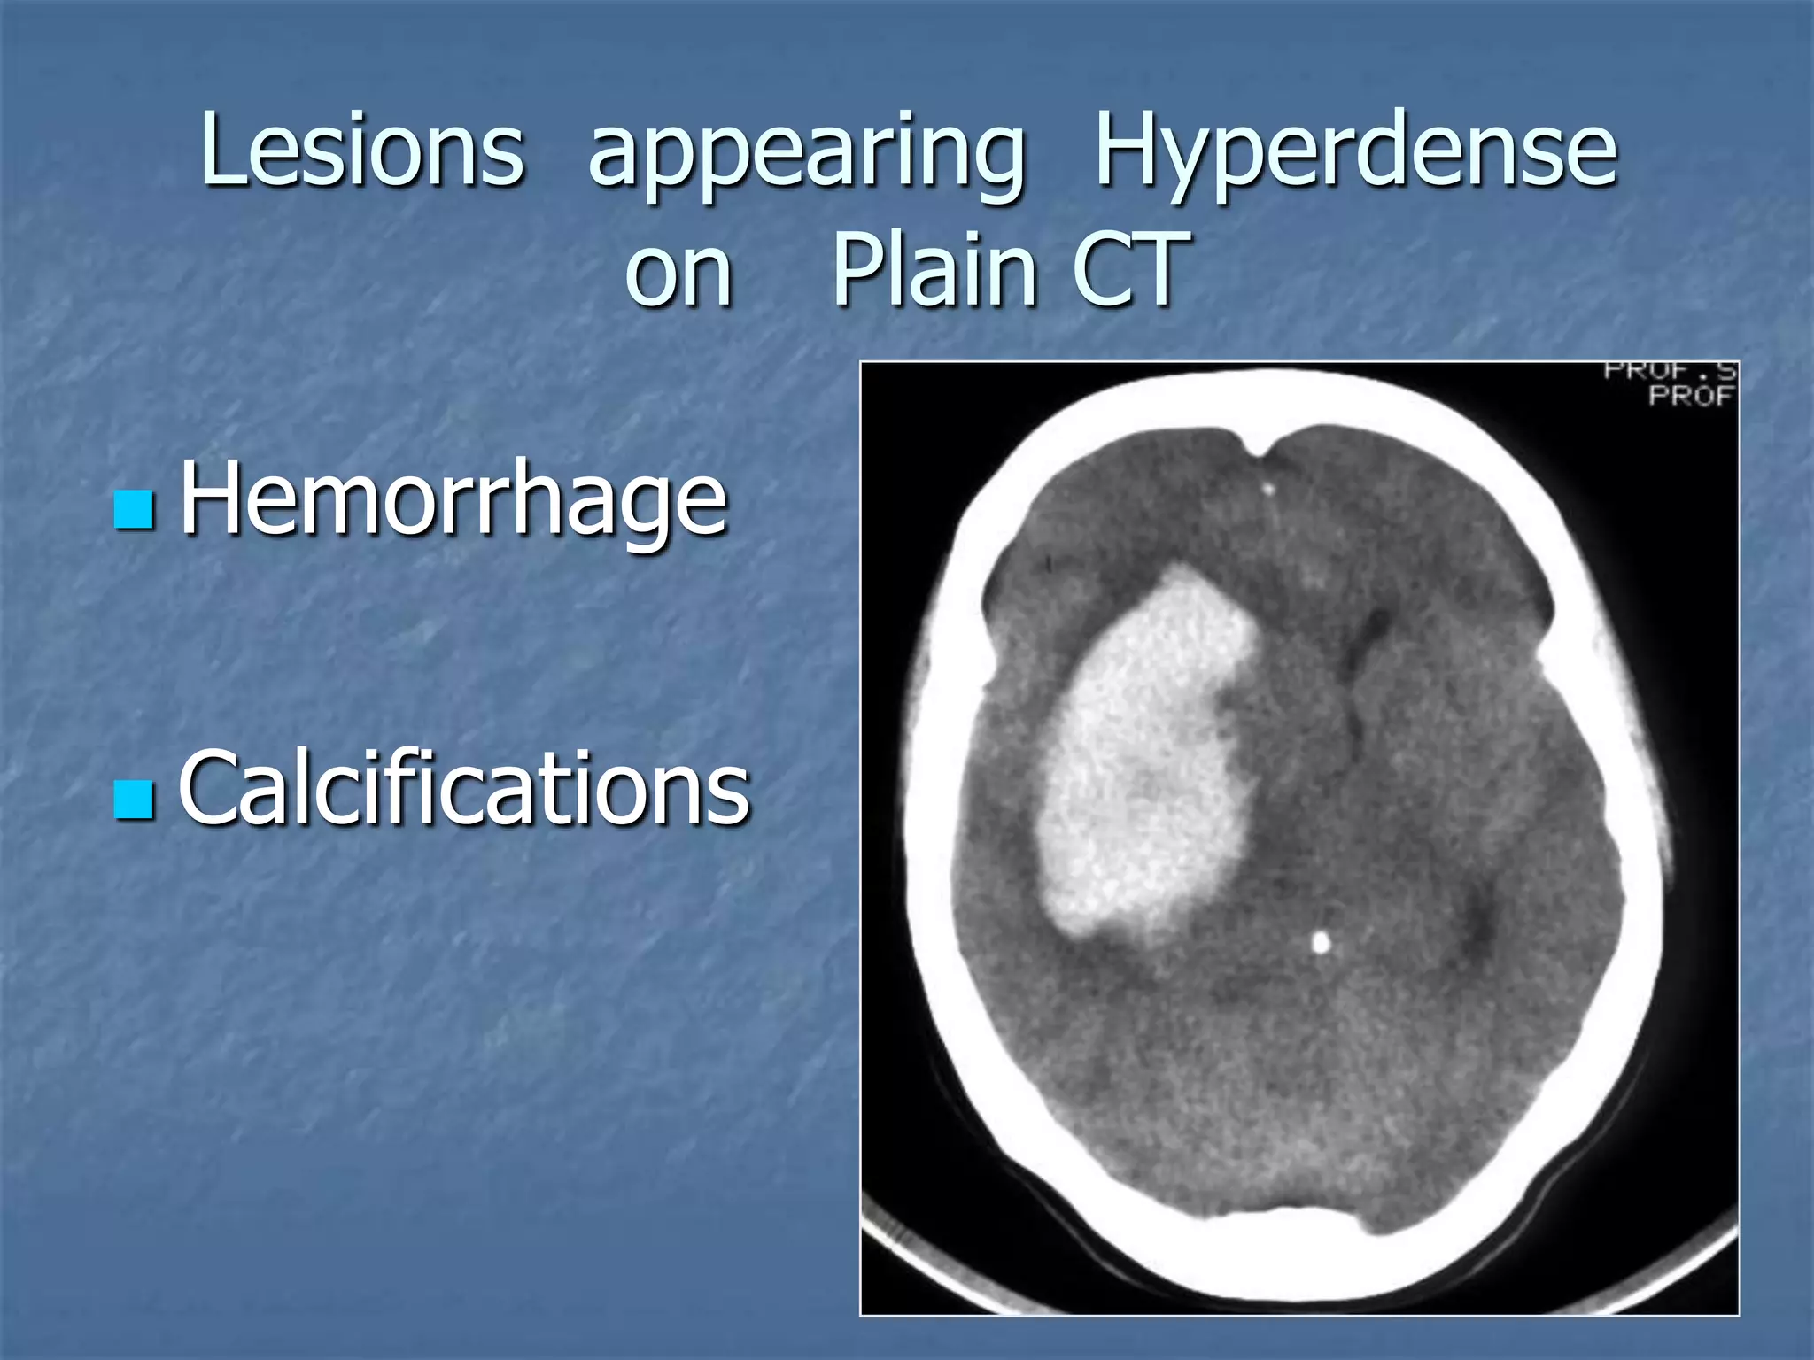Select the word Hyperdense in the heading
[1355, 151]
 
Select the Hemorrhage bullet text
[453, 500]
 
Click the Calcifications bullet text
[464, 788]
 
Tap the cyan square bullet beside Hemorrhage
[135, 509]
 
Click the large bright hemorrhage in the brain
[1147, 753]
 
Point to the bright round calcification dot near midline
[1321, 943]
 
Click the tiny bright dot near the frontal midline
[1268, 488]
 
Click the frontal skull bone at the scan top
[1267, 398]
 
